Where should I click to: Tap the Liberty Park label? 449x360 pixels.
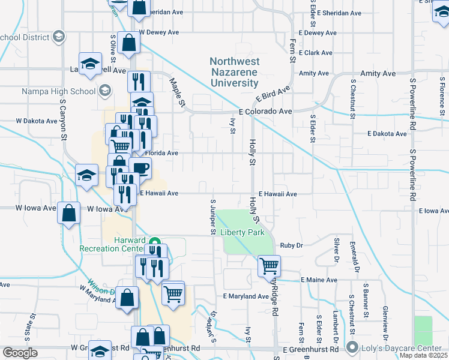click(x=243, y=232)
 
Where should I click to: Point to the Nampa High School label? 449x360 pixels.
click(x=59, y=91)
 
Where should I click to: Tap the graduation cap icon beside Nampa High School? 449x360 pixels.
click(x=104, y=91)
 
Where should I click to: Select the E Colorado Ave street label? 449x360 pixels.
click(x=265, y=112)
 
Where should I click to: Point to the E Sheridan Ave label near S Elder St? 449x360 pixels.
click(x=340, y=13)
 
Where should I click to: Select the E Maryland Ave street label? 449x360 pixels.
click(x=246, y=296)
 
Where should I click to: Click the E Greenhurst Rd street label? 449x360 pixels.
click(x=307, y=349)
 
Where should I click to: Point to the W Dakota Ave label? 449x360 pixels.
click(x=37, y=121)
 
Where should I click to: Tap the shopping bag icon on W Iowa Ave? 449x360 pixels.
click(x=69, y=212)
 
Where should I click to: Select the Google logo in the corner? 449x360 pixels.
click(x=20, y=353)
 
